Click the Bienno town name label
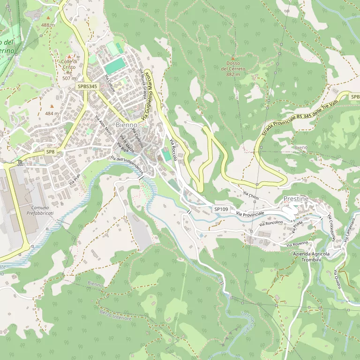click(126, 125)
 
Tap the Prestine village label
click(296, 199)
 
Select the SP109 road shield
click(221, 209)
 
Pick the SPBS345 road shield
click(87, 87)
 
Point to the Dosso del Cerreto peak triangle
click(233, 58)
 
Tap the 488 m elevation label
click(48, 25)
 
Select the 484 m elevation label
click(52, 113)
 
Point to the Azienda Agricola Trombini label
click(311, 257)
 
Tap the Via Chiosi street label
click(251, 194)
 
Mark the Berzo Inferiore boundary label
click(115, 315)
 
